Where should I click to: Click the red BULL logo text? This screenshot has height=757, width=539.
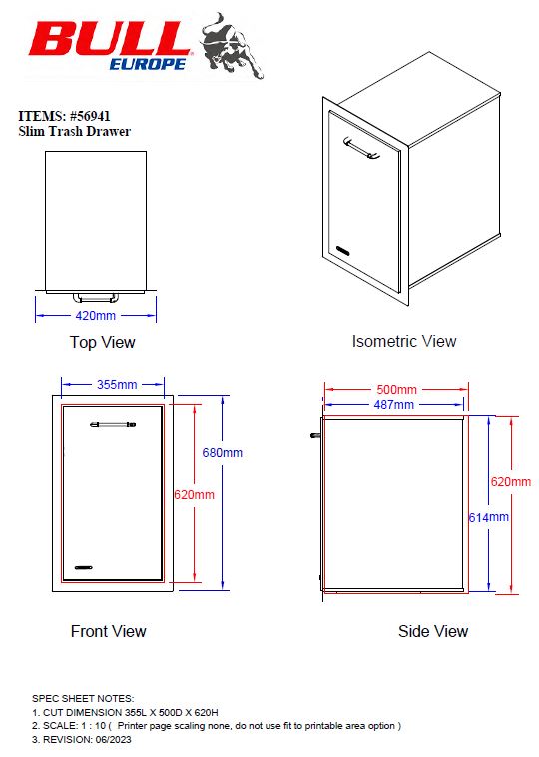click(109, 40)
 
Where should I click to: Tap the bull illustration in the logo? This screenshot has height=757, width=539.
click(232, 46)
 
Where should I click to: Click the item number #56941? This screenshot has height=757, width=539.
click(90, 116)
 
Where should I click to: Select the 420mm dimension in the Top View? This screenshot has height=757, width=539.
click(95, 316)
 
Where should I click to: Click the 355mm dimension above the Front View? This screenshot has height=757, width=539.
click(117, 385)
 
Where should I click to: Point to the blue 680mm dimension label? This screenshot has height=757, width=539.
click(223, 453)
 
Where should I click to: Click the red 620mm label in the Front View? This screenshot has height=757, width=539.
click(195, 495)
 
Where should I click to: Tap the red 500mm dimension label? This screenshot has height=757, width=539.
click(396, 390)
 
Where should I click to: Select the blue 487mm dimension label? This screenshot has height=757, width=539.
click(394, 405)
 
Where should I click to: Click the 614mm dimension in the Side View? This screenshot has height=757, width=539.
click(489, 517)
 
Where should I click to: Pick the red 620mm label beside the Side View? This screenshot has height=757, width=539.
click(510, 482)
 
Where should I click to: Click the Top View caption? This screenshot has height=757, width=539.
click(103, 342)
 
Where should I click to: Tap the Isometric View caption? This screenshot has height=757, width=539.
click(404, 341)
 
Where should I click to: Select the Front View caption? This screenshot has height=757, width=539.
click(108, 631)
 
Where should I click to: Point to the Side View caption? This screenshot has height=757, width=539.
click(433, 631)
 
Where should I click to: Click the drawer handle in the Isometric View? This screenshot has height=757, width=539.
click(361, 148)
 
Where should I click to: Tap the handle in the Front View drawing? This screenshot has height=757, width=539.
click(113, 424)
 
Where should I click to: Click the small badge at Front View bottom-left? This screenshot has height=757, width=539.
click(84, 568)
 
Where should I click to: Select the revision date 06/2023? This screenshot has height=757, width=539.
click(113, 740)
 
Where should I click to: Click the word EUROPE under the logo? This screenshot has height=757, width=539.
click(148, 64)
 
